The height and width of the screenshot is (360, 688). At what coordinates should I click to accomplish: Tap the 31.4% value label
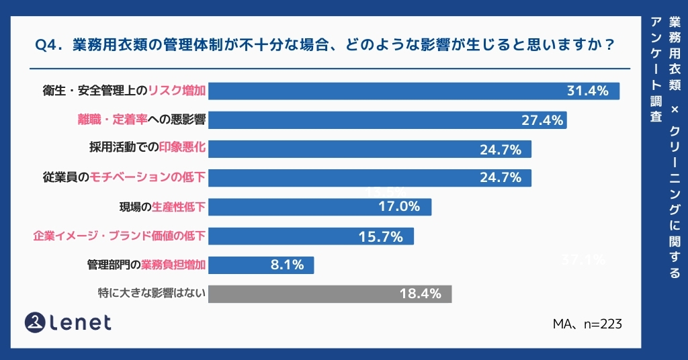587,91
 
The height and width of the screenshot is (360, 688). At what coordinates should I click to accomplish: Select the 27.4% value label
542,120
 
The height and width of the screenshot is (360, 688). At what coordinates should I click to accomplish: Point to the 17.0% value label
399,207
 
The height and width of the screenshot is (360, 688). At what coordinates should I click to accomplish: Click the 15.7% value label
382,236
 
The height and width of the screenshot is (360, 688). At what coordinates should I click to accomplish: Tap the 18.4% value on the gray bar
420,294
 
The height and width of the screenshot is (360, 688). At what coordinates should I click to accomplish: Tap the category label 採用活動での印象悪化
146,149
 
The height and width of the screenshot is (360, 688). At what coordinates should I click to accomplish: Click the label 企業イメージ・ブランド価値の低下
119,236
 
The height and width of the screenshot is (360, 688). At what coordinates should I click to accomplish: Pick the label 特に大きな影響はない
151,294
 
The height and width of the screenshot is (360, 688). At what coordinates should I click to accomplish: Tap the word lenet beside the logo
80,323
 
